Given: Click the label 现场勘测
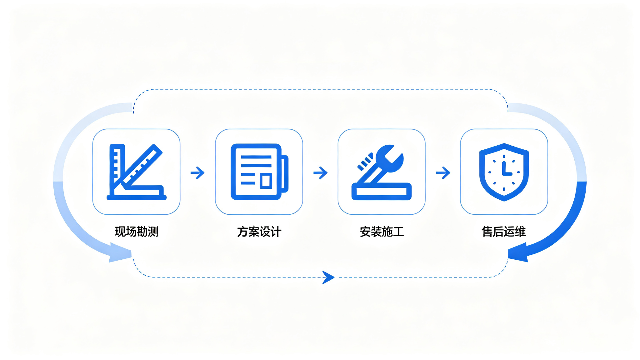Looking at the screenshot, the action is [137, 232].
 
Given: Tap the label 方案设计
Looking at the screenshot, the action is [259, 232].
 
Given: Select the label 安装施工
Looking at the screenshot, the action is [382, 232].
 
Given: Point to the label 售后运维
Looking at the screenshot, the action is [504, 232].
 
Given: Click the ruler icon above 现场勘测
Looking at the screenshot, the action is [137, 172].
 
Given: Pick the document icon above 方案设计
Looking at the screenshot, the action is [259, 172].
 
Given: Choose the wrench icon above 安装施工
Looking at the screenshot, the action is [382, 172].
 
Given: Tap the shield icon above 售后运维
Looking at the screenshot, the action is [504, 172].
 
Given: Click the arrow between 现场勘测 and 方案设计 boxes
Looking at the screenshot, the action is [197, 172].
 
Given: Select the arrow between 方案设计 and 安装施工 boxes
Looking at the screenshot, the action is [320, 172].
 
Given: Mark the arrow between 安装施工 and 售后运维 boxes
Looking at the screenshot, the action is [443, 172].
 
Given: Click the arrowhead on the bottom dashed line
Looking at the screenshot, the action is [328, 277].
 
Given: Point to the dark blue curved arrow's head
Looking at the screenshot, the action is [519, 252].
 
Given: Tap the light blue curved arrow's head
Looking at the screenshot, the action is [120, 252].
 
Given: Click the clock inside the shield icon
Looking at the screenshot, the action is [504, 172].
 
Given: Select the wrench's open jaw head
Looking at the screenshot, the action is [390, 158].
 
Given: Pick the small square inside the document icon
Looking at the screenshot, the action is [266, 181].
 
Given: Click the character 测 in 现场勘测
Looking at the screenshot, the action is [153, 232].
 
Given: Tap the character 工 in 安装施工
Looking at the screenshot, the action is [398, 232].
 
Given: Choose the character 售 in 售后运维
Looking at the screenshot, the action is [487, 232].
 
